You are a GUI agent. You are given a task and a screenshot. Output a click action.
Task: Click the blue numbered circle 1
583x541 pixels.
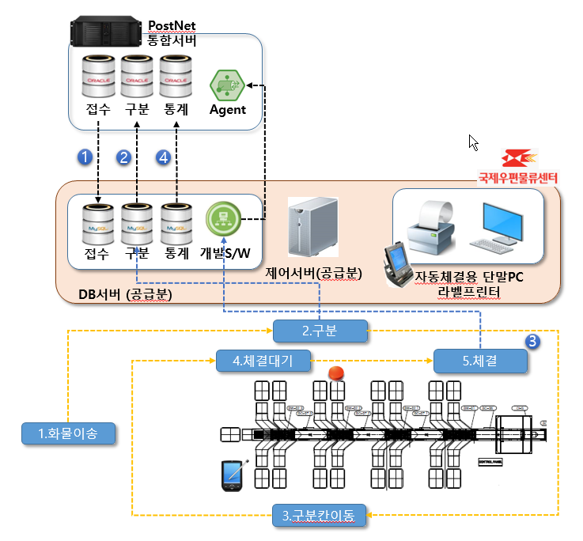85,157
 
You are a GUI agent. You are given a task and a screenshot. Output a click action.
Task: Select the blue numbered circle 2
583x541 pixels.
123,157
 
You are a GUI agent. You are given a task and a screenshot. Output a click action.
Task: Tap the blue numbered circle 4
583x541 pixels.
163,157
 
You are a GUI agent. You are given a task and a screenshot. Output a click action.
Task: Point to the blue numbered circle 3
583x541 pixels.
533,341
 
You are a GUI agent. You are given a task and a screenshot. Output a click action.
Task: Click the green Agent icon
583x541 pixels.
226,85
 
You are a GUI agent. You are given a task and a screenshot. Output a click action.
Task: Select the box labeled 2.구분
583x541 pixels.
320,331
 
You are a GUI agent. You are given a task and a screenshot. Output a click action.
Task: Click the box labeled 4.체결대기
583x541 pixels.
262,361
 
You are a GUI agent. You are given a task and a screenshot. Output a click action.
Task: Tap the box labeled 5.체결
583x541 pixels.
479,361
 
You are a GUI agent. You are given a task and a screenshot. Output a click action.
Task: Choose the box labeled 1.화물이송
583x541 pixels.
68,433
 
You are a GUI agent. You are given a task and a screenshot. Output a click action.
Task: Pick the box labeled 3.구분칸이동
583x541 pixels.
320,516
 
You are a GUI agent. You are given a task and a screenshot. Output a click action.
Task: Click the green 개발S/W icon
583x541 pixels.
221,218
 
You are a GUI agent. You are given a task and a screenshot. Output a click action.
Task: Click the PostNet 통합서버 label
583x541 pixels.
172,33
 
